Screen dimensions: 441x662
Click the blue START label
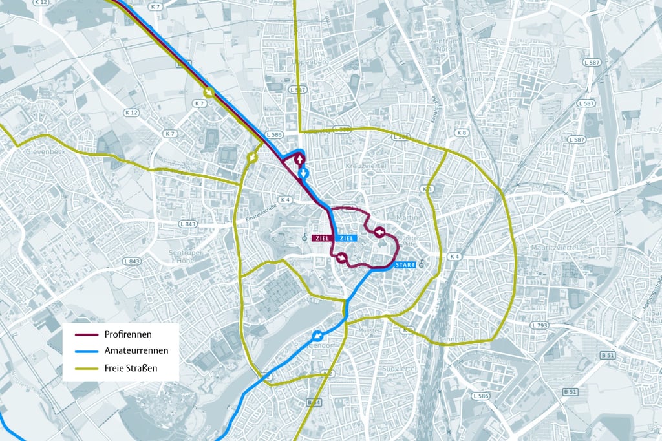[x=405, y=264]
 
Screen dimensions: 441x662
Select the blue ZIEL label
[x=346, y=238]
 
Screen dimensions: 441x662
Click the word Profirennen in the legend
[x=128, y=334]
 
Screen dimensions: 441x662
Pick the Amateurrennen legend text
[x=136, y=351]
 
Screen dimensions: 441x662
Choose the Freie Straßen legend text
[x=131, y=369]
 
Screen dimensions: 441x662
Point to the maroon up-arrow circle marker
[x=300, y=160]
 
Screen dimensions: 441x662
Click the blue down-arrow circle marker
[x=304, y=173]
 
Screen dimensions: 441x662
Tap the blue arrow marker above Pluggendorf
[x=317, y=336]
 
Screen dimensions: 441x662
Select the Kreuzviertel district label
[x=366, y=167]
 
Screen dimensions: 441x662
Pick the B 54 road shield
[x=314, y=403]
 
